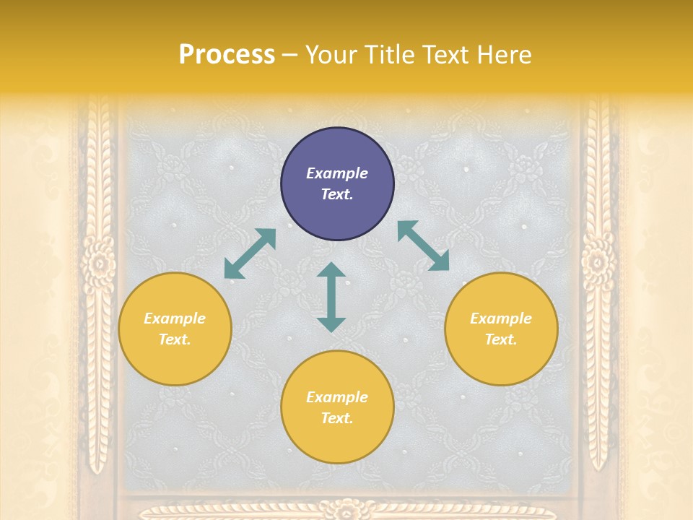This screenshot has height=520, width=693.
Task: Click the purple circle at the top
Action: click(x=337, y=184)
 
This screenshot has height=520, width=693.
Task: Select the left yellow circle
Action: click(x=175, y=329)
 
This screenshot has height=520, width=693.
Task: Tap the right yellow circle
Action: click(x=501, y=329)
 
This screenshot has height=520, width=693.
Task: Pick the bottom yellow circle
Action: click(x=337, y=407)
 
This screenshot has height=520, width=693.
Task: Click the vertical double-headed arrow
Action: click(x=331, y=297)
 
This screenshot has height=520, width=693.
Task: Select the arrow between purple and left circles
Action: click(x=250, y=253)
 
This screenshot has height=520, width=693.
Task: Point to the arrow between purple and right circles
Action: click(x=423, y=246)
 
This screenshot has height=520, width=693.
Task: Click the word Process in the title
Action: click(x=227, y=55)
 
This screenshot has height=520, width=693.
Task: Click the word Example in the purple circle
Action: click(x=337, y=173)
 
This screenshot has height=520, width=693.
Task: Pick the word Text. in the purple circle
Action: click(x=337, y=194)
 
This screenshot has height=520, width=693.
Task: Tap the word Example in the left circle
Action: click(x=175, y=318)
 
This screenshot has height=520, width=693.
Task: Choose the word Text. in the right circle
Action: click(x=501, y=339)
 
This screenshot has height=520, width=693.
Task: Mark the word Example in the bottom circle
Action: click(x=337, y=397)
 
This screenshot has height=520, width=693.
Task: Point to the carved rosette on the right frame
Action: click(x=598, y=262)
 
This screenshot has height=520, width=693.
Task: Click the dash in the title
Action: click(x=290, y=56)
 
